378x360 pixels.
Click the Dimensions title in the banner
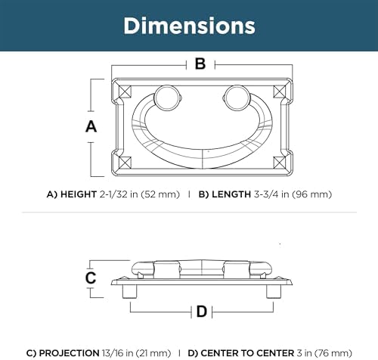tap(189, 26)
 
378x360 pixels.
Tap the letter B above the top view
tap(200, 64)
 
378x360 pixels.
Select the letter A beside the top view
tap(91, 126)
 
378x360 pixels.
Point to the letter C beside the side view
tap(91, 278)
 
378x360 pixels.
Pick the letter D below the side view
tap(202, 312)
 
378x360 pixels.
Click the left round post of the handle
tap(166, 98)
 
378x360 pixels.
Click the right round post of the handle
tap(237, 98)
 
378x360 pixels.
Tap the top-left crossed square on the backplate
tap(125, 92)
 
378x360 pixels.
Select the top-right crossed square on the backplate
tap(280, 92)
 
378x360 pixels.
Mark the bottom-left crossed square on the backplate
tap(125, 163)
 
